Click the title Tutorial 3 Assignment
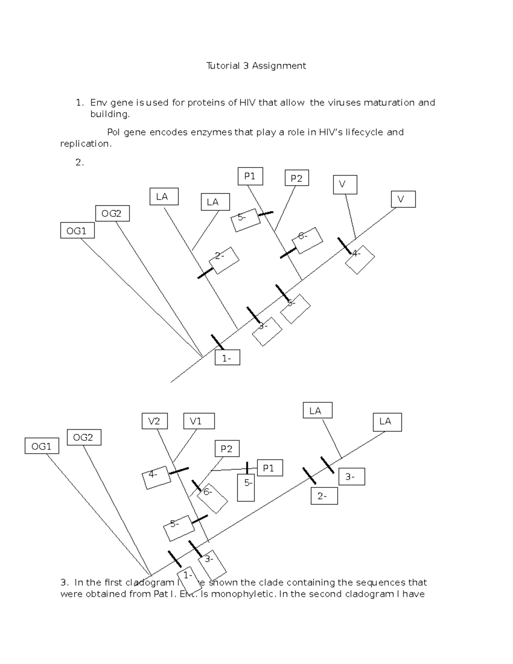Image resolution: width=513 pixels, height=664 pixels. point(256,66)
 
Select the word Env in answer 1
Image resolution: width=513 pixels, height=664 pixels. point(99,103)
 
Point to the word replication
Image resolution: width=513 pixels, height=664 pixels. point(85,144)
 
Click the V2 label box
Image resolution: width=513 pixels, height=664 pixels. point(154,421)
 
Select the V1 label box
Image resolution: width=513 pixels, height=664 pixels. point(199,421)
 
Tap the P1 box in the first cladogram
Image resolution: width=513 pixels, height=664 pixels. point(250,176)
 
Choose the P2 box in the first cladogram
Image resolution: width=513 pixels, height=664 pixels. point(297,178)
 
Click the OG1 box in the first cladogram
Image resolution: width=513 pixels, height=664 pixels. point(77,231)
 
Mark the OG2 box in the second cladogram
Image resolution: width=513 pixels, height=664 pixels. point(84,437)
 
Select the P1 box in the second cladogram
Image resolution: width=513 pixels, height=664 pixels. point(269,468)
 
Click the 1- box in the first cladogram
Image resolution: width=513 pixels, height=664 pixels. point(227,358)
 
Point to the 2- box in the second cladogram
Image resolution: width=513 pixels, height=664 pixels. point(324,496)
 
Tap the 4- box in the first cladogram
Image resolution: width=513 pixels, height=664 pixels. point(360,259)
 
